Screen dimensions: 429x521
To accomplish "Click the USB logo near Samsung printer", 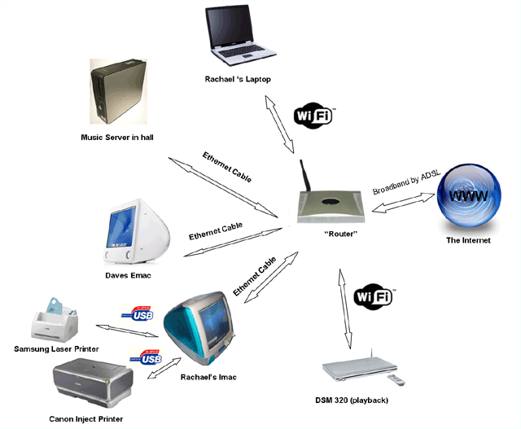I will click(x=140, y=313).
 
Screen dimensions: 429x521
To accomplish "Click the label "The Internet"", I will click(x=468, y=241).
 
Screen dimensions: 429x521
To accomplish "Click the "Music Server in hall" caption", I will click(x=119, y=137).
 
